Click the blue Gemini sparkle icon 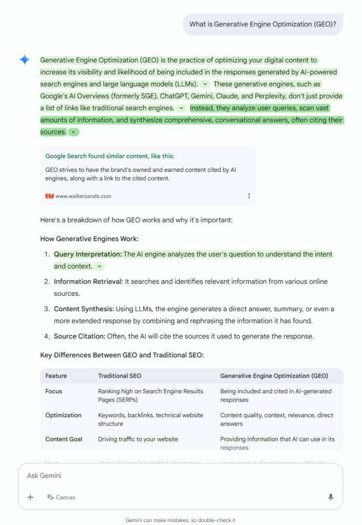click(25, 59)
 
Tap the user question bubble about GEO click(262, 24)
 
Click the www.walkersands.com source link click(83, 196)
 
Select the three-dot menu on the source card click(249, 196)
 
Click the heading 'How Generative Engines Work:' click(89, 239)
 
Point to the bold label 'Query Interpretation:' click(88, 254)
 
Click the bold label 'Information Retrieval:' click(88, 281)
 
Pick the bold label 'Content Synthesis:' click(84, 309)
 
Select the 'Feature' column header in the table click(56, 376)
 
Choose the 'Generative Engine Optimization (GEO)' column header click(274, 376)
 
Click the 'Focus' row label click(53, 391)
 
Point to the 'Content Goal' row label click(64, 439)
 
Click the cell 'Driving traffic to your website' click(138, 439)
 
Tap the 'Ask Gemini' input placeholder click(44, 476)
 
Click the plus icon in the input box click(30, 497)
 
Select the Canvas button click(61, 497)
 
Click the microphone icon click(331, 497)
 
